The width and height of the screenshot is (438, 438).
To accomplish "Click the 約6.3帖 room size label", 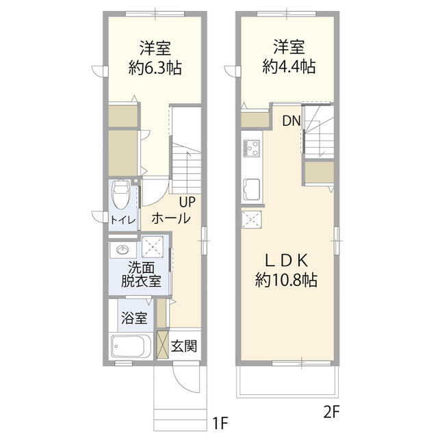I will pyautogui.click(x=155, y=68).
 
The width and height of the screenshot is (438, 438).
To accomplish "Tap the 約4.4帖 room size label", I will pyautogui.click(x=289, y=67).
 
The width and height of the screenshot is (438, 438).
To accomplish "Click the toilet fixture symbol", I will pyautogui.click(x=120, y=194).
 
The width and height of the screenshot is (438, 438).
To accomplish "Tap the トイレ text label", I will pyautogui.click(x=123, y=219).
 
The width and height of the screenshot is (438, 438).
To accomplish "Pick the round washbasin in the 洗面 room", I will pyautogui.click(x=124, y=249).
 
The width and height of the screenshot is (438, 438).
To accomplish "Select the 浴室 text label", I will pyautogui.click(x=133, y=318).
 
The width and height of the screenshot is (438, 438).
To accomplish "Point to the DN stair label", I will pyautogui.click(x=291, y=123).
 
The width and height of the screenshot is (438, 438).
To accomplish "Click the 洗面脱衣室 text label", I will pyautogui.click(x=141, y=274).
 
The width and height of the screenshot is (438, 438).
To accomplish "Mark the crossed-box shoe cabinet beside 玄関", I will pyautogui.click(x=162, y=344).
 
